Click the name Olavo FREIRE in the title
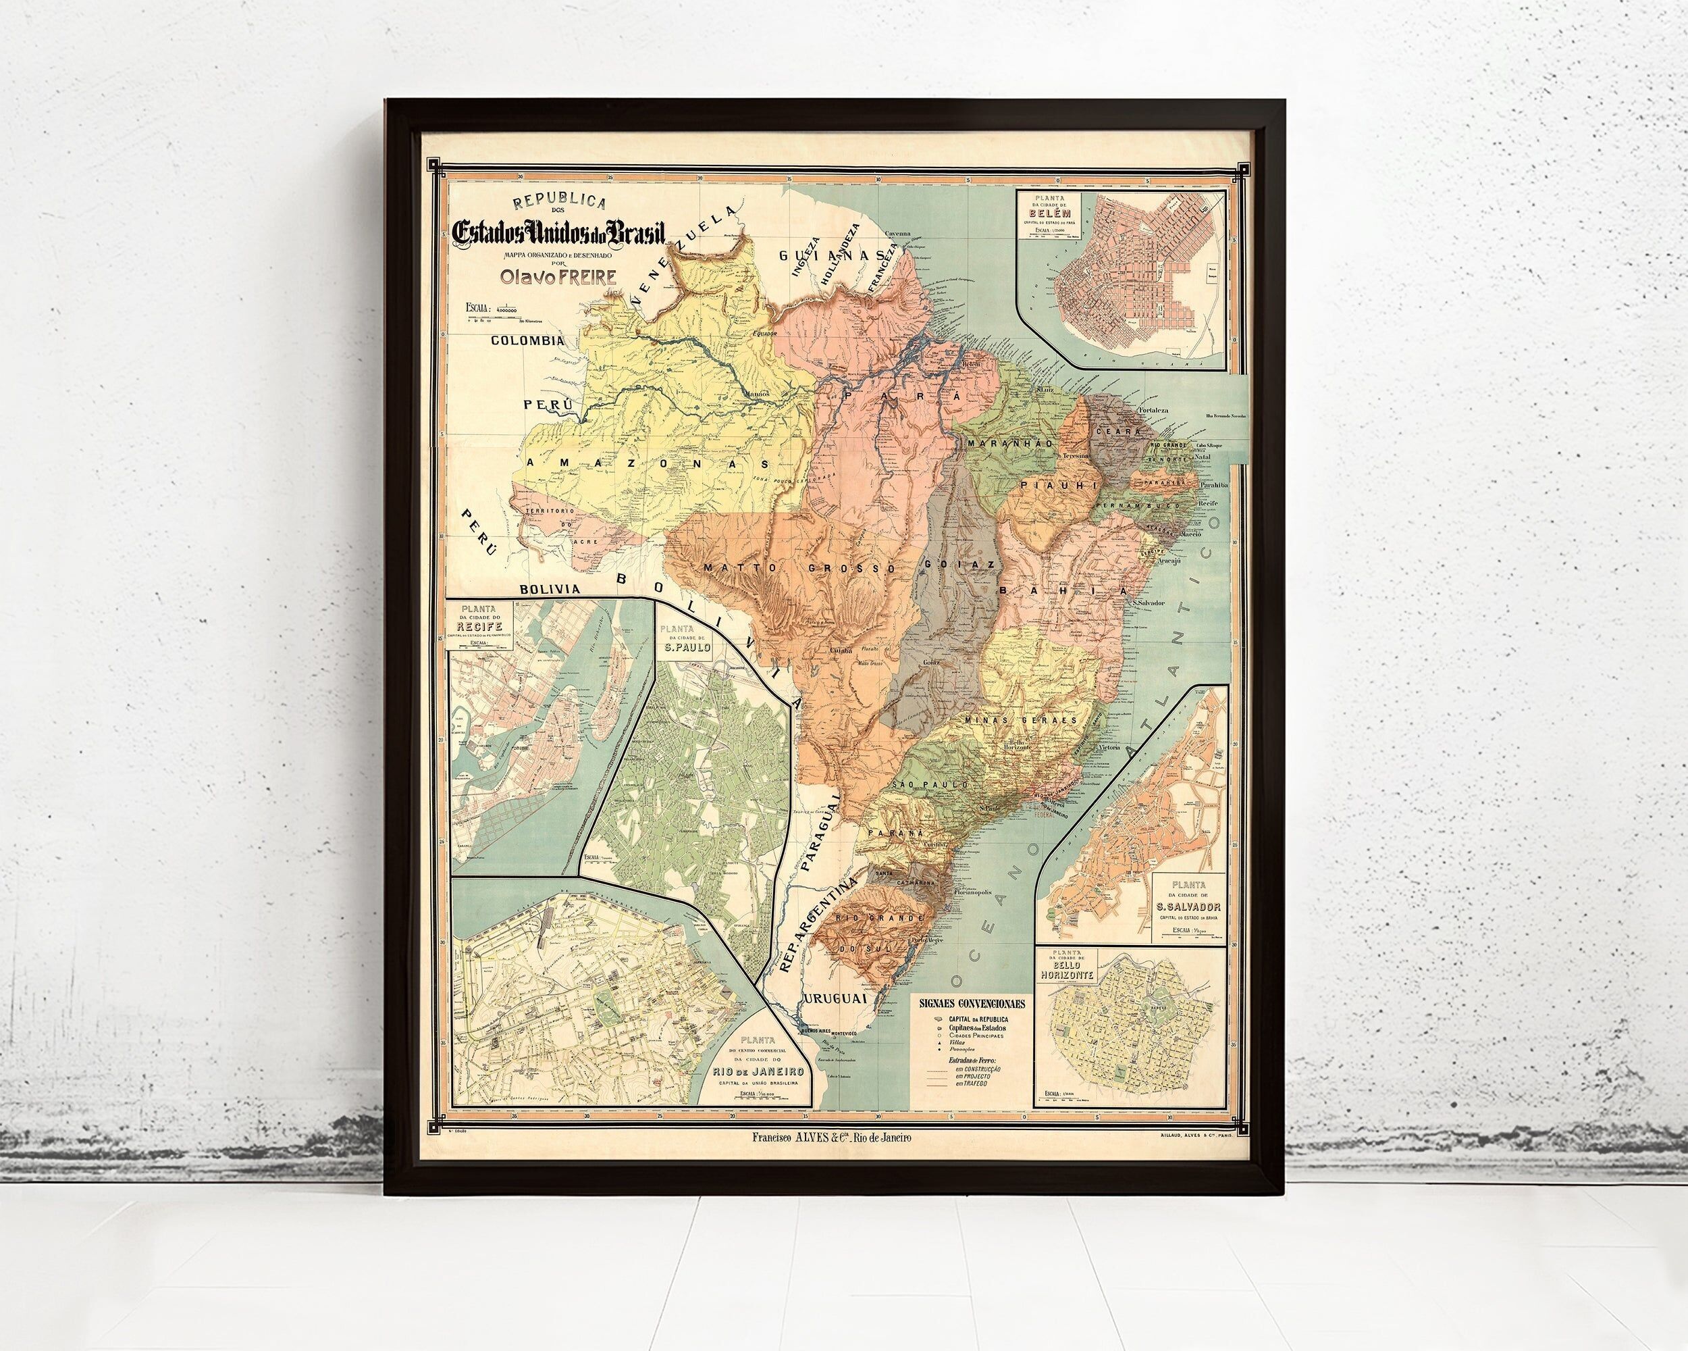click(550, 276)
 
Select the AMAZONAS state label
click(648, 463)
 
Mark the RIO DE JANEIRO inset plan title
click(756, 1070)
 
